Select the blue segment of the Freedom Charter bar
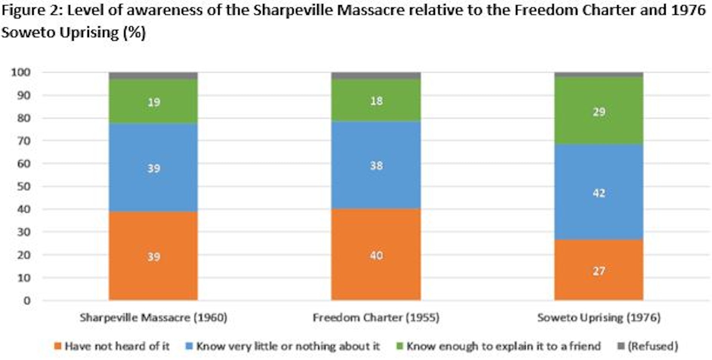click(376, 185)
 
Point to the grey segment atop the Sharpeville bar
click(153, 76)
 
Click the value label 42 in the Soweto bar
click(599, 193)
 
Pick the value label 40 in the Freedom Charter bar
click(376, 255)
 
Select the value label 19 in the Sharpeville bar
click(154, 102)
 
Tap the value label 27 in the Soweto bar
click(599, 271)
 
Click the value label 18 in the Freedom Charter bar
click(376, 101)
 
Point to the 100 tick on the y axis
click(21, 72)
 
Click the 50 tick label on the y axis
click(23, 186)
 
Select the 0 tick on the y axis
click(27, 301)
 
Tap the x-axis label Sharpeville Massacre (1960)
click(153, 318)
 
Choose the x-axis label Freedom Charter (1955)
click(376, 318)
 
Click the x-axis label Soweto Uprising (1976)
click(599, 318)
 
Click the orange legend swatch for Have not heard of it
click(57, 346)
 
